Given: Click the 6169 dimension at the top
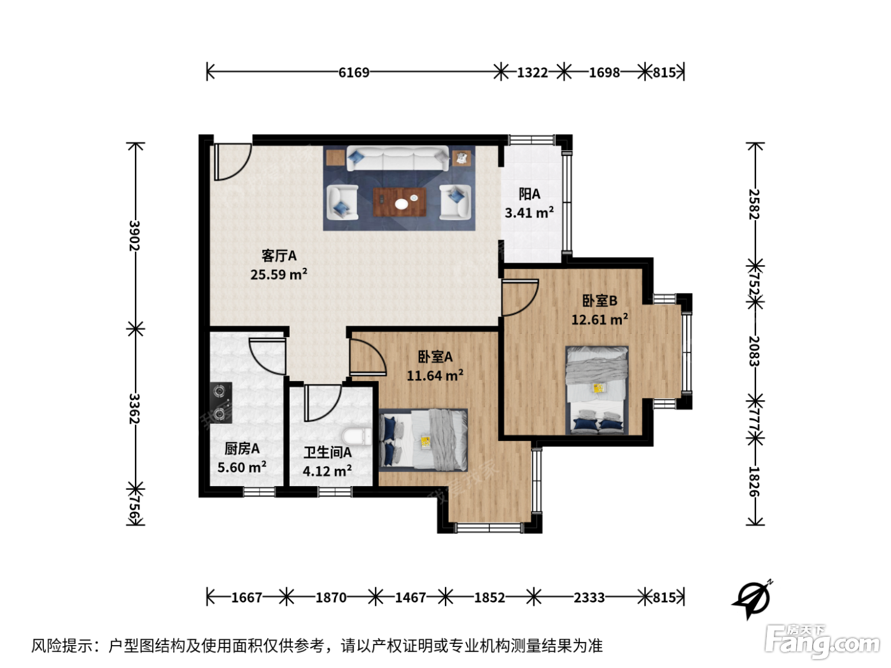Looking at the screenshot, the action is point(354,73).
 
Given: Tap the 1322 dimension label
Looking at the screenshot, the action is point(532,73).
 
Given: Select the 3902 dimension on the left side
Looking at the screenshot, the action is point(134,235).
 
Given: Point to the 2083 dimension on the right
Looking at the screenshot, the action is point(754,351).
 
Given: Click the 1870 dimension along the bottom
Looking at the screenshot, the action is point(331,597).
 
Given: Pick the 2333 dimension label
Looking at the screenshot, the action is point(589,597).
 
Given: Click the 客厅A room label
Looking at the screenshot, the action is point(279,256).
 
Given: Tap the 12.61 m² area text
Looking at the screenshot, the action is point(600,319).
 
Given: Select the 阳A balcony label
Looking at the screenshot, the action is point(530,194).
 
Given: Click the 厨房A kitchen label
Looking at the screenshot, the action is point(242,449).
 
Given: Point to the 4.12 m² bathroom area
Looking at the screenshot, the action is point(327,471).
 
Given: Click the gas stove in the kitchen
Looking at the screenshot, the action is point(220,403).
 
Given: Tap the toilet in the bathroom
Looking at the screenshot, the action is point(357,437).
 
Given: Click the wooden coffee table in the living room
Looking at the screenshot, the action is point(400,202).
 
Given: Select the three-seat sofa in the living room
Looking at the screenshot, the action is point(398,158).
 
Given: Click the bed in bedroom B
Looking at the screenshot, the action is point(597,390).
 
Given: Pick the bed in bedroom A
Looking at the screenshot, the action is point(423,440).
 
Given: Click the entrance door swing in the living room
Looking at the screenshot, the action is point(232,162).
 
